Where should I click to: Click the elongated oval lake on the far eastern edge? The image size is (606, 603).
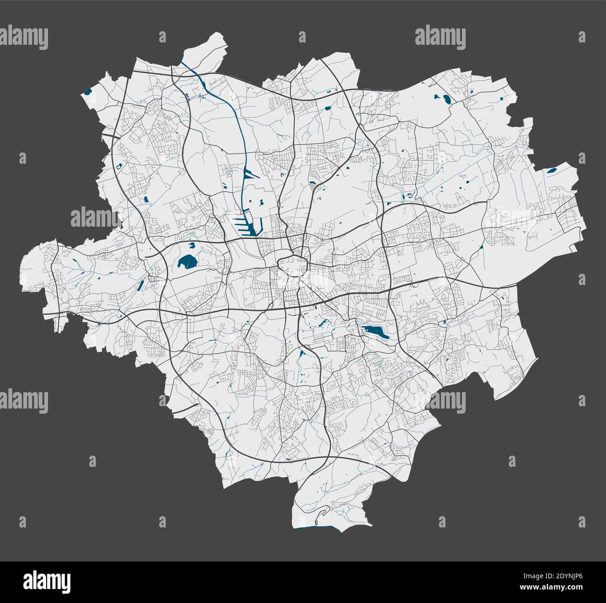553,171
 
